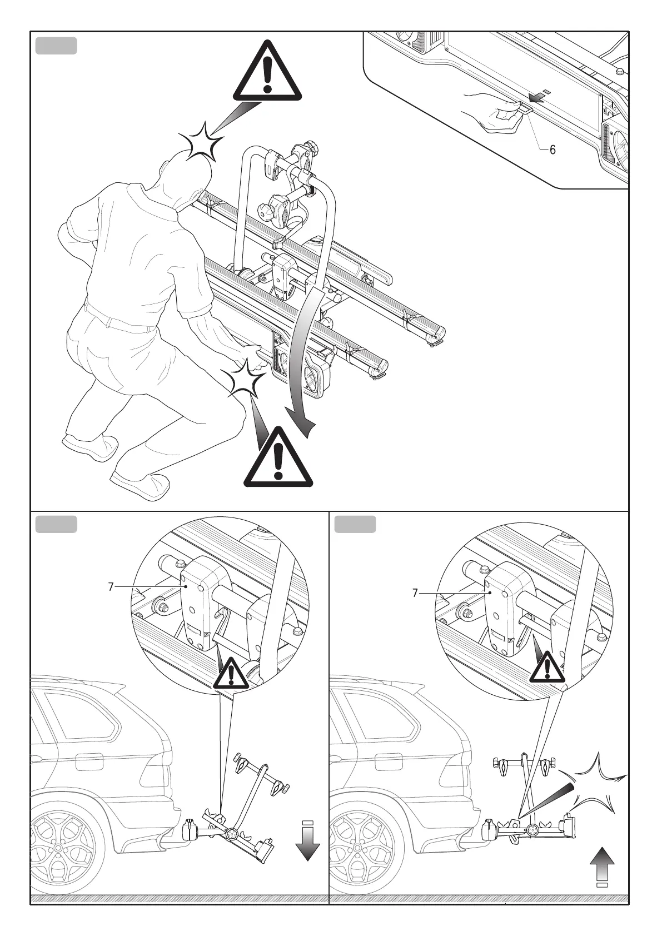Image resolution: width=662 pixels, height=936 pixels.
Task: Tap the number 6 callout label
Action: (x=553, y=150)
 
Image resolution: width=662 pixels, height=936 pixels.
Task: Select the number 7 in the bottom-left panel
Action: (x=111, y=586)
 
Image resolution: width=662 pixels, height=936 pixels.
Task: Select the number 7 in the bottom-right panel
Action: (x=415, y=593)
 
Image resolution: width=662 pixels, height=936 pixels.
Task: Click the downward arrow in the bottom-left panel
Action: (x=307, y=843)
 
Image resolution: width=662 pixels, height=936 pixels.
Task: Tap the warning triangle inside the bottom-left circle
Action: (x=231, y=674)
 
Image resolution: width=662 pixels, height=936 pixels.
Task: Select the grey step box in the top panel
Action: (x=56, y=46)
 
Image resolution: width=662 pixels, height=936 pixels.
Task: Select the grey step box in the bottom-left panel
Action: (x=56, y=524)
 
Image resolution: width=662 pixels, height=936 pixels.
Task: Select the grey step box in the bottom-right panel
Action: (x=355, y=524)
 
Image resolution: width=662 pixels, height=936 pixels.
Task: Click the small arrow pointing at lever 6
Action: (x=537, y=98)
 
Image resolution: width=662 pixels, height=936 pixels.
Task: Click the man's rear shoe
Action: (x=89, y=447)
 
